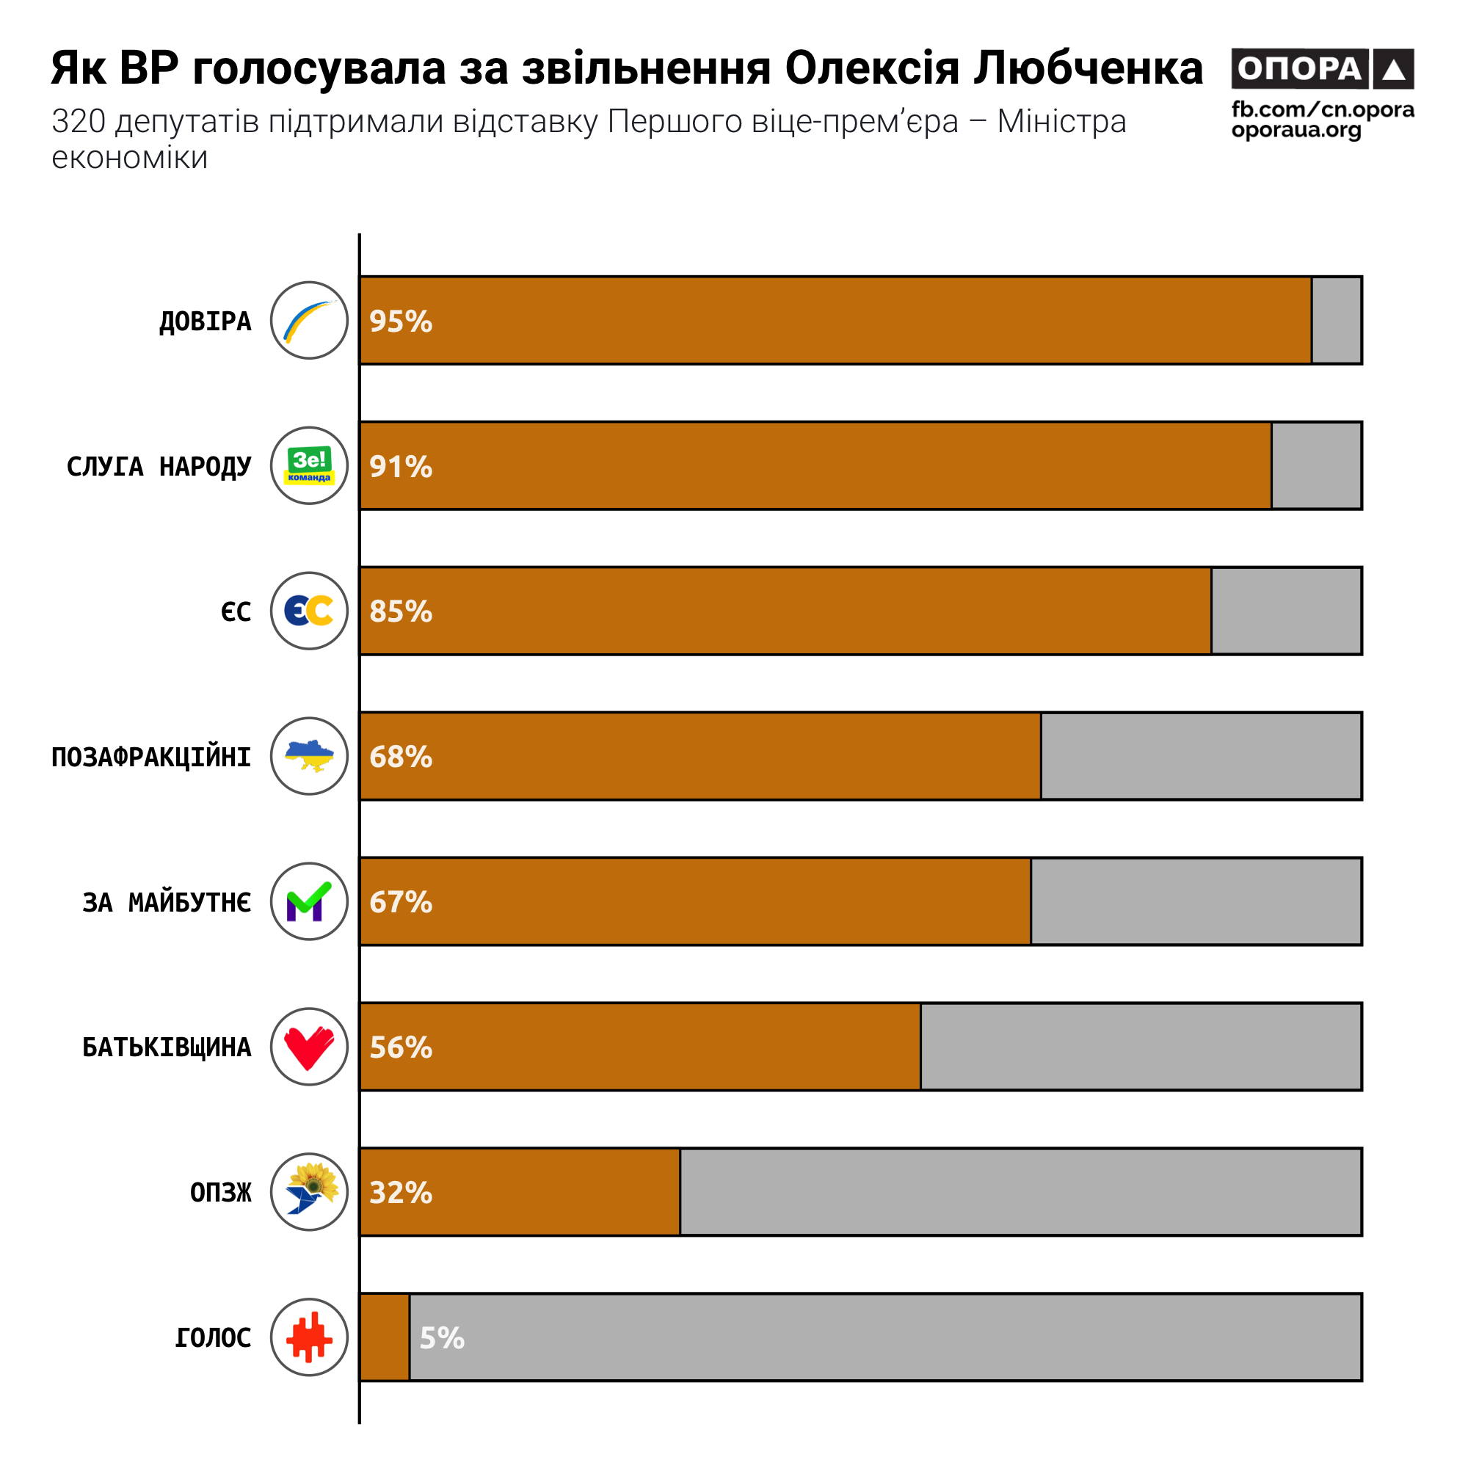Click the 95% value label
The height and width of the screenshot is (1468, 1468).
[401, 321]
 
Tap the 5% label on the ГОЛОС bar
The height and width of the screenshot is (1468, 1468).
[441, 1338]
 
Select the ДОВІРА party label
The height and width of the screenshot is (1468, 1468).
[206, 321]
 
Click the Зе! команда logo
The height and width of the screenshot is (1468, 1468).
[309, 466]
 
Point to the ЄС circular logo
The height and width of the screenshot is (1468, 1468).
[309, 611]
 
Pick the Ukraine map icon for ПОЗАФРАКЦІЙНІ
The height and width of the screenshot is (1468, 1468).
[309, 756]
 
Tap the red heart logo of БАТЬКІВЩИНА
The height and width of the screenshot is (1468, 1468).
[309, 1047]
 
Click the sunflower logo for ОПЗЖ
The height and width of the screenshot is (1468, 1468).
[309, 1192]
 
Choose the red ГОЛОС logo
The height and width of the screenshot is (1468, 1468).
[309, 1337]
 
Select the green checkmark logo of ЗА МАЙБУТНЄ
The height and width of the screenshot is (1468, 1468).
[309, 902]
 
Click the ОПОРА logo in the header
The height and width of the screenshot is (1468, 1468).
[1322, 69]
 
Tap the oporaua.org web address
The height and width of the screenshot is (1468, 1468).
[1296, 131]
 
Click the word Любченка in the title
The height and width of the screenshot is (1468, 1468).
[1088, 68]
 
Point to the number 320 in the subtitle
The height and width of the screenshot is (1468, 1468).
[79, 122]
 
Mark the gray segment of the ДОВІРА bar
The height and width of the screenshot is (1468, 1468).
[1337, 321]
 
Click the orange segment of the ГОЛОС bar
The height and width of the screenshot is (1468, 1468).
[385, 1337]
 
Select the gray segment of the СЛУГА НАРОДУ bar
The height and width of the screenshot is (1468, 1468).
[1317, 466]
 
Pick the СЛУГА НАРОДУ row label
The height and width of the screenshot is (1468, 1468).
[159, 467]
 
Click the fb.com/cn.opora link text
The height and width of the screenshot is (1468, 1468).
[1322, 110]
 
